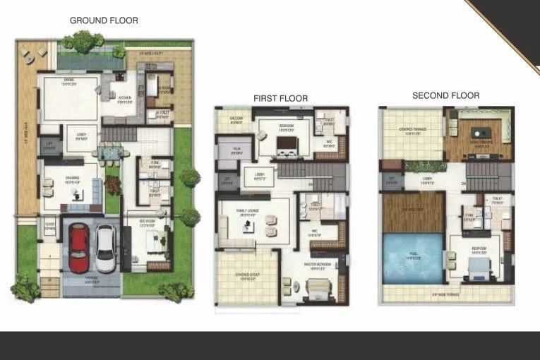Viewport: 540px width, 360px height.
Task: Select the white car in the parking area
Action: (x=105, y=248)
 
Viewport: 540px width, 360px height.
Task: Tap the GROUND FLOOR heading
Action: (x=104, y=20)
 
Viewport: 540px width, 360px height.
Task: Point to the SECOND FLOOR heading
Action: (x=445, y=95)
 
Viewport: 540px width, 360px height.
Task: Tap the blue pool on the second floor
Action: (x=412, y=258)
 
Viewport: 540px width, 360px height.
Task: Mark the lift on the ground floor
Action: (x=49, y=146)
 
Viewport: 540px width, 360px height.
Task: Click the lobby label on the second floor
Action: (x=428, y=179)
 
